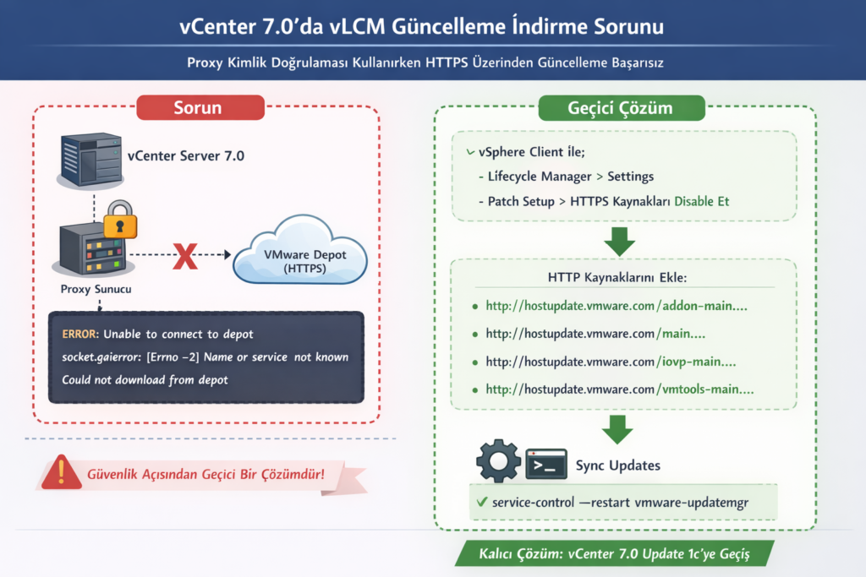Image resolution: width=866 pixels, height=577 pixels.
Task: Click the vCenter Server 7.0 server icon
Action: (x=87, y=158)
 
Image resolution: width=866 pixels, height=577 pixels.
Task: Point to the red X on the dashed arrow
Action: (x=185, y=254)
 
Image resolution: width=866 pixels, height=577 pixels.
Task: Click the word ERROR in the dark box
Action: (x=82, y=335)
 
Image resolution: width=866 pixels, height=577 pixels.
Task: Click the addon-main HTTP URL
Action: (x=616, y=305)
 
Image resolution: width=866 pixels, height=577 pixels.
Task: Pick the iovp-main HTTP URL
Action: (x=611, y=362)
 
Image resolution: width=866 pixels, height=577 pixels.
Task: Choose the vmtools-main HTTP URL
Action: (x=620, y=389)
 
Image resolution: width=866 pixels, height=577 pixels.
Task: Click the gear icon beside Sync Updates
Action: (x=497, y=461)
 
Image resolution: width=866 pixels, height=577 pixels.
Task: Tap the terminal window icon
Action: (x=545, y=464)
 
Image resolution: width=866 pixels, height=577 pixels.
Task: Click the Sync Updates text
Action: (x=618, y=465)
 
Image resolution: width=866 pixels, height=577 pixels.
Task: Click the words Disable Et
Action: (x=701, y=202)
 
